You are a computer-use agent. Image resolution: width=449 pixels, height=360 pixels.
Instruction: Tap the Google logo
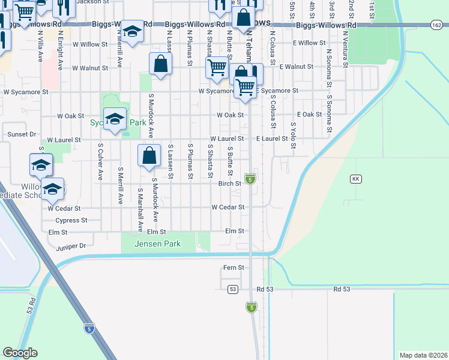tap(20, 353)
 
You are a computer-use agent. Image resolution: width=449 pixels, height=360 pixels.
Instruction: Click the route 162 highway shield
tap(436, 25)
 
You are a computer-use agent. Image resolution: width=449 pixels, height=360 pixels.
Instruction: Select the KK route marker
tap(355, 179)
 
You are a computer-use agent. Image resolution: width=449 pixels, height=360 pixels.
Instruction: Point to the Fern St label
tap(233, 268)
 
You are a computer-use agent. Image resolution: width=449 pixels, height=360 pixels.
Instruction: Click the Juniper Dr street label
tap(71, 245)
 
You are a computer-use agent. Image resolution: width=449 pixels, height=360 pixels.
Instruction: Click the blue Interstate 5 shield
tap(89, 328)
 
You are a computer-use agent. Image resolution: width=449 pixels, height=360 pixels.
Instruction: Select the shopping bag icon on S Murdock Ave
tap(149, 155)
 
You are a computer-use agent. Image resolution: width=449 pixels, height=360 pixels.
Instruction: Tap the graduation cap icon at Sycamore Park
tap(114, 118)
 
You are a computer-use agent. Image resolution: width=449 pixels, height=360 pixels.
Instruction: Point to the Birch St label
tap(229, 184)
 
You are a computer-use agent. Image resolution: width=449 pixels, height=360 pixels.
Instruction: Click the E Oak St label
tap(309, 115)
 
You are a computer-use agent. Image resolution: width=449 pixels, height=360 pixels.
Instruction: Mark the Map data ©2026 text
tap(423, 355)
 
